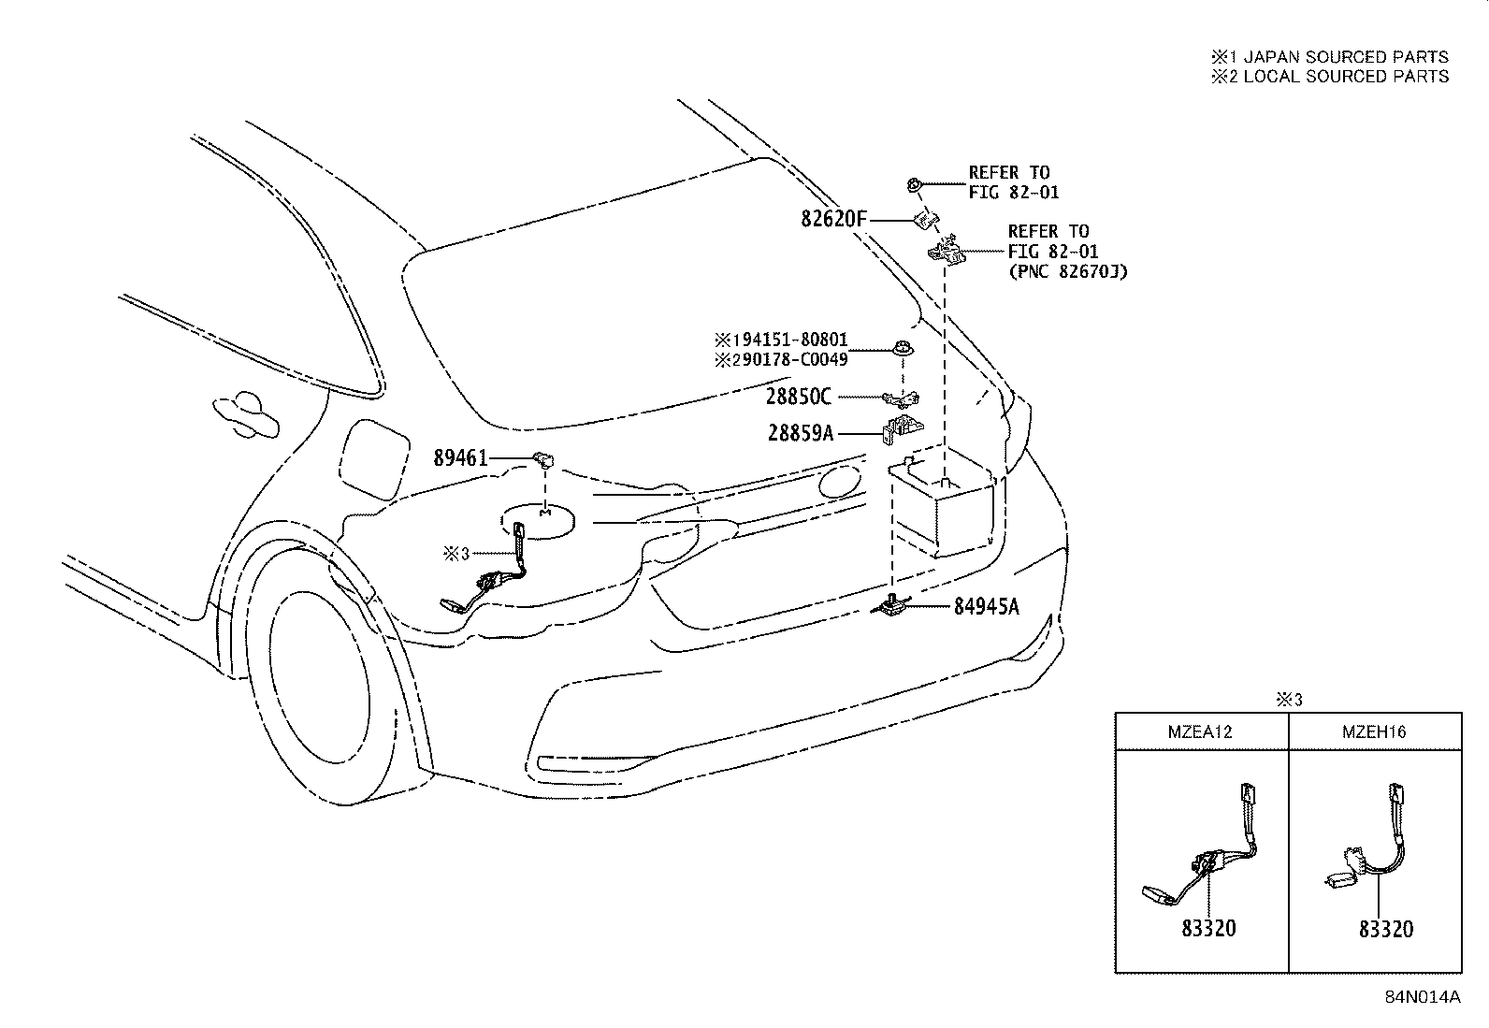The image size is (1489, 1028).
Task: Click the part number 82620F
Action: (x=833, y=219)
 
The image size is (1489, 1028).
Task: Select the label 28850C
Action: (x=799, y=397)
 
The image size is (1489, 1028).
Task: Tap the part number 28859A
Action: (x=801, y=433)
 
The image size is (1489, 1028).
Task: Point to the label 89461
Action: (x=460, y=457)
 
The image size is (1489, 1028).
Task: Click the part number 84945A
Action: (x=987, y=606)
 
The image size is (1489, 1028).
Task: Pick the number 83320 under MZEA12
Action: (x=1208, y=928)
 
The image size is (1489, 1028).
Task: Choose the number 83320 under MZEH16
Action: (x=1386, y=928)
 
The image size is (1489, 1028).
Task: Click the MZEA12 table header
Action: (x=1200, y=731)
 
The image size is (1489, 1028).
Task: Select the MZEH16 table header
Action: (x=1374, y=731)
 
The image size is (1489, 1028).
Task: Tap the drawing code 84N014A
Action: (x=1423, y=997)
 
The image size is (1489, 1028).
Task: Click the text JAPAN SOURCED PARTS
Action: (x=1346, y=56)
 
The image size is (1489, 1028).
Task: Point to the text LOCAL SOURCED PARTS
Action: (x=1346, y=77)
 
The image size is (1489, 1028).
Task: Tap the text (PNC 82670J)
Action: (x=1068, y=271)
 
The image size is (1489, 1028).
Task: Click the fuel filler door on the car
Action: (x=373, y=458)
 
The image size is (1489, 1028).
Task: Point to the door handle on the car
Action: (x=246, y=413)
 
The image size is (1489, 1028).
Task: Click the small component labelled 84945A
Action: (x=892, y=604)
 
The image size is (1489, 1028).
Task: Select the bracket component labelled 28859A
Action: (x=903, y=429)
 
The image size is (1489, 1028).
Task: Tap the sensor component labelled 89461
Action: (x=543, y=459)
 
